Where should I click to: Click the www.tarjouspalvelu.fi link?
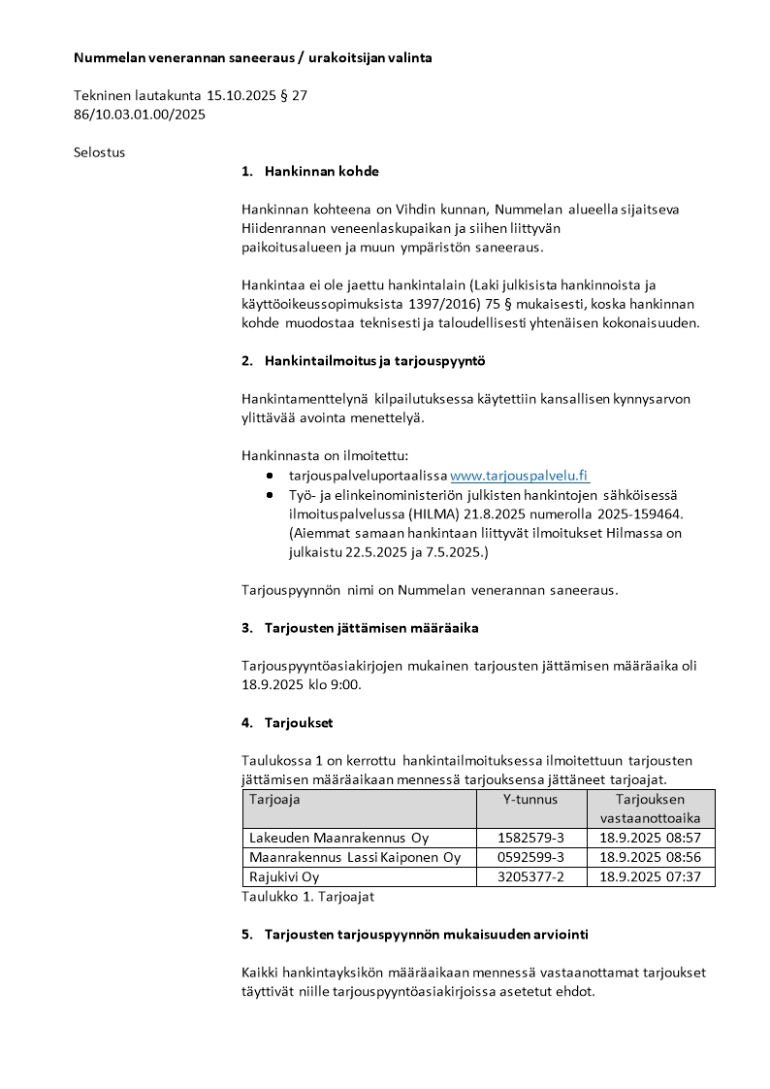point(519,476)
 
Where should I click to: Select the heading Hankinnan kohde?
point(321,172)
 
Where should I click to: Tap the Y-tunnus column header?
point(530,800)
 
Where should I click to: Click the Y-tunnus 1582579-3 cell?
point(530,838)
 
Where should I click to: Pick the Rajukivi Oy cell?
point(284,876)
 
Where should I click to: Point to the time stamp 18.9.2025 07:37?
point(650,876)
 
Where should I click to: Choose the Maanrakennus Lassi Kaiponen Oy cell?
point(355,857)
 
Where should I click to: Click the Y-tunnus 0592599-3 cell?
point(530,857)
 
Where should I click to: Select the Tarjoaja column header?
point(275,800)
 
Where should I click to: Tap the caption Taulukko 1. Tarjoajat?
point(307,897)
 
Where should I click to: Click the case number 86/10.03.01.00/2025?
point(140,115)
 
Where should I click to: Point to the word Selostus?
point(100,152)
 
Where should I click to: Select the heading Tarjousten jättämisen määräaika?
point(371,628)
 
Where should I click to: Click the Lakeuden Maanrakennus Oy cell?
point(338,838)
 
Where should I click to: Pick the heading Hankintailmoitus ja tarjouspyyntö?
point(374,361)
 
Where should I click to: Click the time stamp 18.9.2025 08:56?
point(650,857)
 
